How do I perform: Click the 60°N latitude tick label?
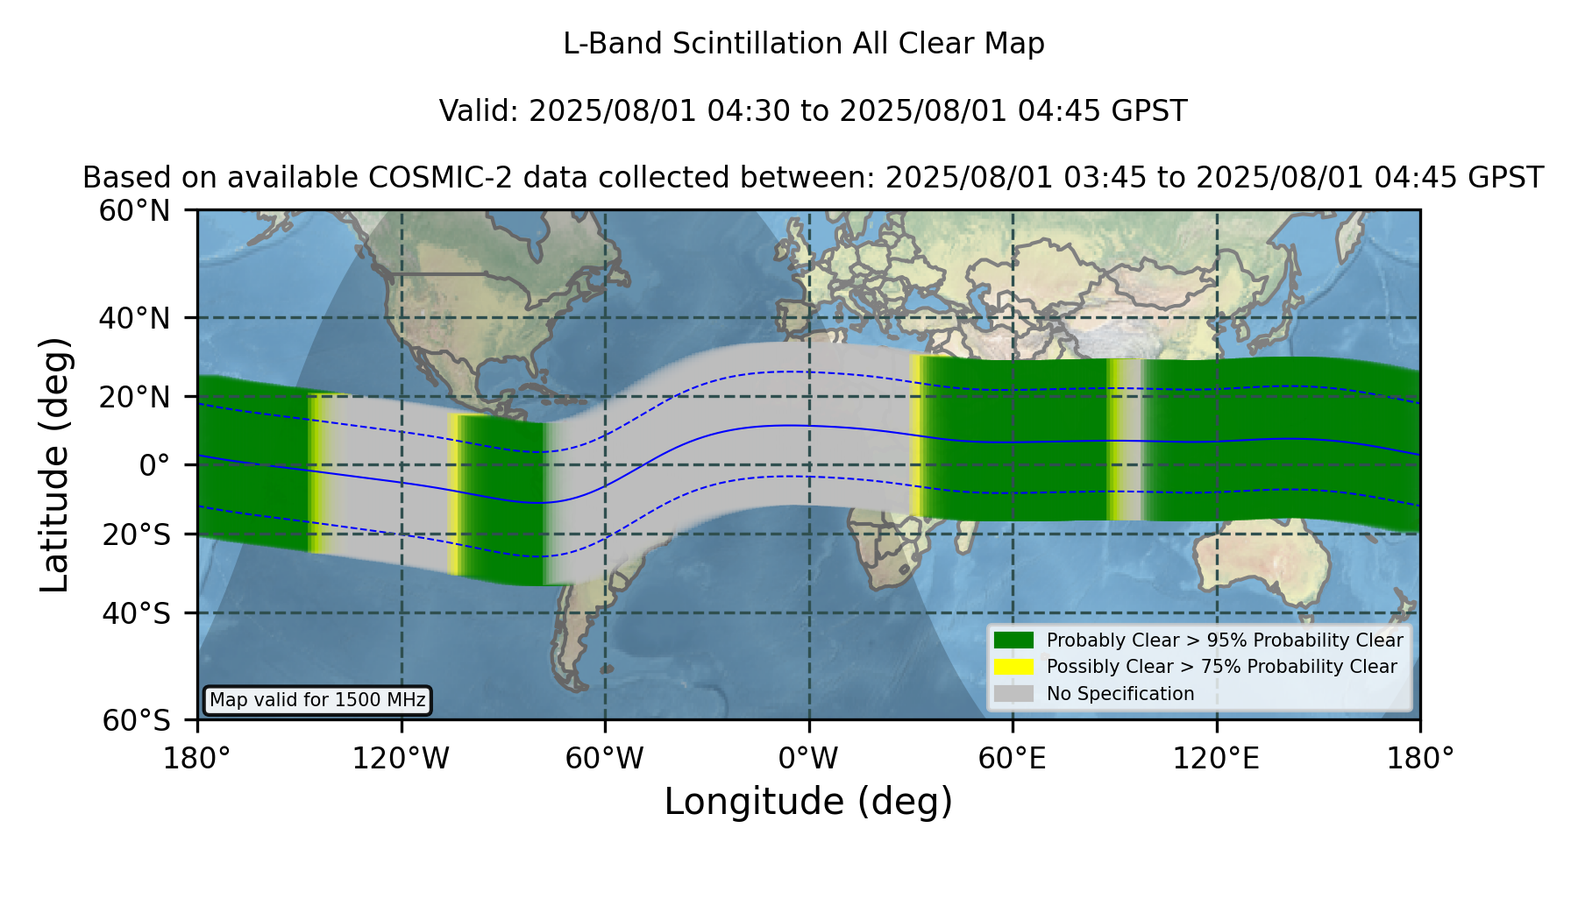135,211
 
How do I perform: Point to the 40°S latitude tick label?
136,613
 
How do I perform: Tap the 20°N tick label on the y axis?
135,397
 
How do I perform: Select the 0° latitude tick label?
154,465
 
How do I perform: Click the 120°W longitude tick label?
401,759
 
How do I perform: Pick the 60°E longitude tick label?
1013,759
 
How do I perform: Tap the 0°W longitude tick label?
808,759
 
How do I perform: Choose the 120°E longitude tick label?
1216,759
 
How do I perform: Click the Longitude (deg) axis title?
808,802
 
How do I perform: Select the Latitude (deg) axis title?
54,464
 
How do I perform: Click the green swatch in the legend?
1014,640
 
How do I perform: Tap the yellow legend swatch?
1014,667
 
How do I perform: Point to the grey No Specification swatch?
1014,694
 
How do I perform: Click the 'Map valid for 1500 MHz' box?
317,700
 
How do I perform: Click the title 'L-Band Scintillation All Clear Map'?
804,44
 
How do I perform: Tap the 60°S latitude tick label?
136,721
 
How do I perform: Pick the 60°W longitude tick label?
604,759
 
